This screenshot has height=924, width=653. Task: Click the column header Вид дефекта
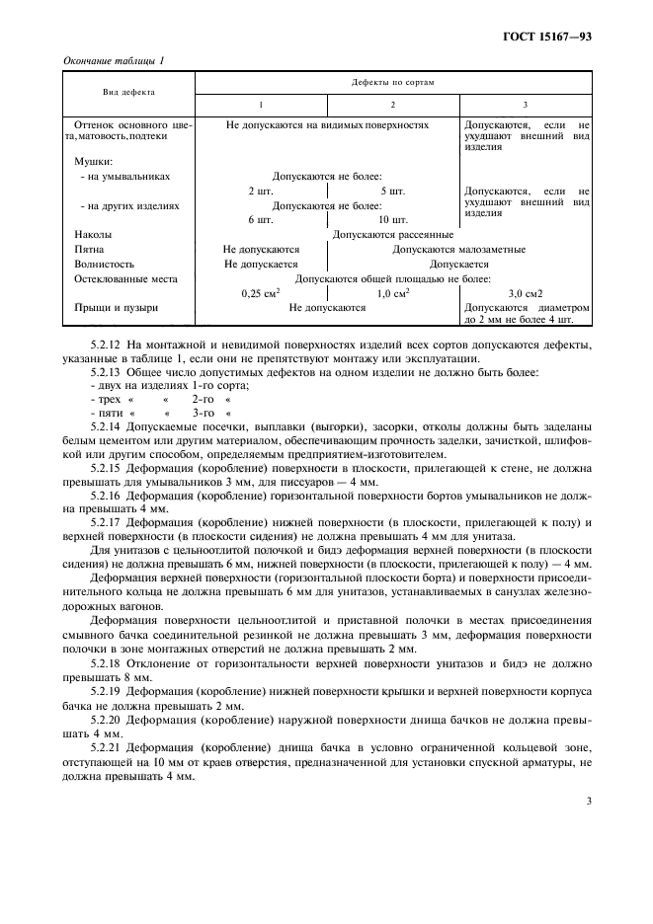pyautogui.click(x=128, y=91)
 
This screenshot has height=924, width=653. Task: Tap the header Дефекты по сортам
pyautogui.click(x=393, y=82)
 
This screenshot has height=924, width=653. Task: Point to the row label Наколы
pyautogui.click(x=93, y=235)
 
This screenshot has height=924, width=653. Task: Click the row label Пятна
pyautogui.click(x=90, y=250)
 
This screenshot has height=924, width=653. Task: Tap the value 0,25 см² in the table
pyautogui.click(x=261, y=294)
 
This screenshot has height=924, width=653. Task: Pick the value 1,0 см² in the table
pyautogui.click(x=393, y=294)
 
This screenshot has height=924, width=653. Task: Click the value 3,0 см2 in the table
pyautogui.click(x=526, y=294)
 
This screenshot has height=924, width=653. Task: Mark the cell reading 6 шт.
pyautogui.click(x=261, y=220)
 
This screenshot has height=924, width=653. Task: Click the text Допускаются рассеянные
pyautogui.click(x=393, y=235)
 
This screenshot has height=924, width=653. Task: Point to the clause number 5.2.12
pyautogui.click(x=106, y=345)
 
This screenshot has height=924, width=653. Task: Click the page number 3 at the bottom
pyautogui.click(x=588, y=802)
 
